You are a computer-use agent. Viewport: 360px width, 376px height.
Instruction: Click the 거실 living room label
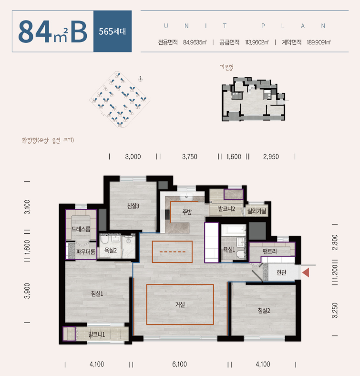[x=180, y=304]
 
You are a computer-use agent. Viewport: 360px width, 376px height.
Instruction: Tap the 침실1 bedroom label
[x=97, y=293]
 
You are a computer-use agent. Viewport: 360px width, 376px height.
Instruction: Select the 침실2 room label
[x=264, y=311]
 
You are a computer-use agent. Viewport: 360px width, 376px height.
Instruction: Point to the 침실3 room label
[x=133, y=206]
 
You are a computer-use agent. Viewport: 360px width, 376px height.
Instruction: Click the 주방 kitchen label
[x=187, y=212]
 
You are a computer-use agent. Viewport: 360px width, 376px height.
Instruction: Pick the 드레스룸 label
[x=81, y=229]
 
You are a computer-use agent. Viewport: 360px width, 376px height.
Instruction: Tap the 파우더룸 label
[x=85, y=252]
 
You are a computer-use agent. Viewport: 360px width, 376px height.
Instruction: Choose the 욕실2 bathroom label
[x=111, y=250]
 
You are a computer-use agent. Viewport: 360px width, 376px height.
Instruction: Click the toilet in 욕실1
[x=240, y=254]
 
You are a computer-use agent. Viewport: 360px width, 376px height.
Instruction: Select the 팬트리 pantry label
[x=269, y=251]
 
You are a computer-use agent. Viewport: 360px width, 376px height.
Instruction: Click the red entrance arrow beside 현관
[x=306, y=272]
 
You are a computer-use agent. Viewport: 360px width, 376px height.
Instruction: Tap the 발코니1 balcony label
[x=97, y=334]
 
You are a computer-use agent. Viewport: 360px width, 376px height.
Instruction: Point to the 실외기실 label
[x=257, y=211]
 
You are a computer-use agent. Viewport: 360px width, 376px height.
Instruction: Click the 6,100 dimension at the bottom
[x=179, y=364]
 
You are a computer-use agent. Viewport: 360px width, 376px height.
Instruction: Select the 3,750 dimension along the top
[x=190, y=157]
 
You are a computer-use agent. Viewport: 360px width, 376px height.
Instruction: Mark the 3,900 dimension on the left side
[x=27, y=291]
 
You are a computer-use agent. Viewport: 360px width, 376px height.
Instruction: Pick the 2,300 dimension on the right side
[x=335, y=242]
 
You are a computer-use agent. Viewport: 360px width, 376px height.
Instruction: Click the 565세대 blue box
[x=113, y=31]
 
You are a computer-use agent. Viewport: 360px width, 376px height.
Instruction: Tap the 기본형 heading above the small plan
[x=226, y=67]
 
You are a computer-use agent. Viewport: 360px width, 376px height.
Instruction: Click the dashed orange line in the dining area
[x=172, y=252]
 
